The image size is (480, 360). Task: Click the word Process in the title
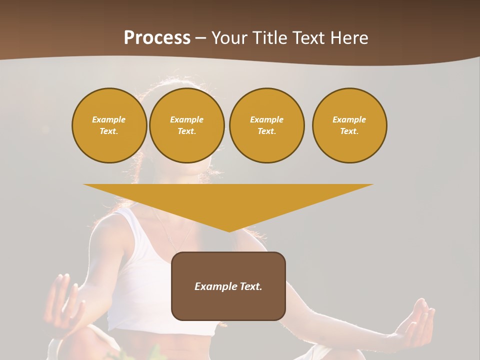157,38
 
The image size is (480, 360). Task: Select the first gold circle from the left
109,125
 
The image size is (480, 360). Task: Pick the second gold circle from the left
187,125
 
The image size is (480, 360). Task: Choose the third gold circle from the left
267,125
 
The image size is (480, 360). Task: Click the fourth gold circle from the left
349,125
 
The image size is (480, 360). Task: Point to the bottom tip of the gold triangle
229,231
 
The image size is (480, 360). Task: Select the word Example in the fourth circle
349,119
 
